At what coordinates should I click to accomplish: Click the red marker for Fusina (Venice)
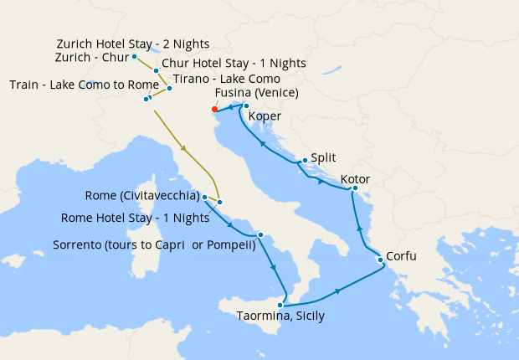click(215, 109)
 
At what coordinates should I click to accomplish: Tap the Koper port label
click(265, 116)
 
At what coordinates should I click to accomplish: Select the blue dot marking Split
click(302, 161)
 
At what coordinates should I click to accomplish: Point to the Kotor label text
click(355, 180)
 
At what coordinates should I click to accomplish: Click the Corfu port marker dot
click(381, 260)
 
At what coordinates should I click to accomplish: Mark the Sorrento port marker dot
click(261, 235)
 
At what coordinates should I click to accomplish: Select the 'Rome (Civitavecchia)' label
click(141, 196)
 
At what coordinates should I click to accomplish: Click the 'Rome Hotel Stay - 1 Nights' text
click(135, 219)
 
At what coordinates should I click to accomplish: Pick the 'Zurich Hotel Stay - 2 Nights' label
click(132, 44)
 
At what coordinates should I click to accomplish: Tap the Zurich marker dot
click(135, 57)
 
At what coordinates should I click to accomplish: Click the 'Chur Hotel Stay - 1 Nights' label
click(234, 63)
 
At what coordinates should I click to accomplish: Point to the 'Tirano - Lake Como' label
click(225, 79)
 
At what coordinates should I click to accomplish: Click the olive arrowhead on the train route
click(182, 149)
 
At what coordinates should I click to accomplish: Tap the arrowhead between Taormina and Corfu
click(337, 291)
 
